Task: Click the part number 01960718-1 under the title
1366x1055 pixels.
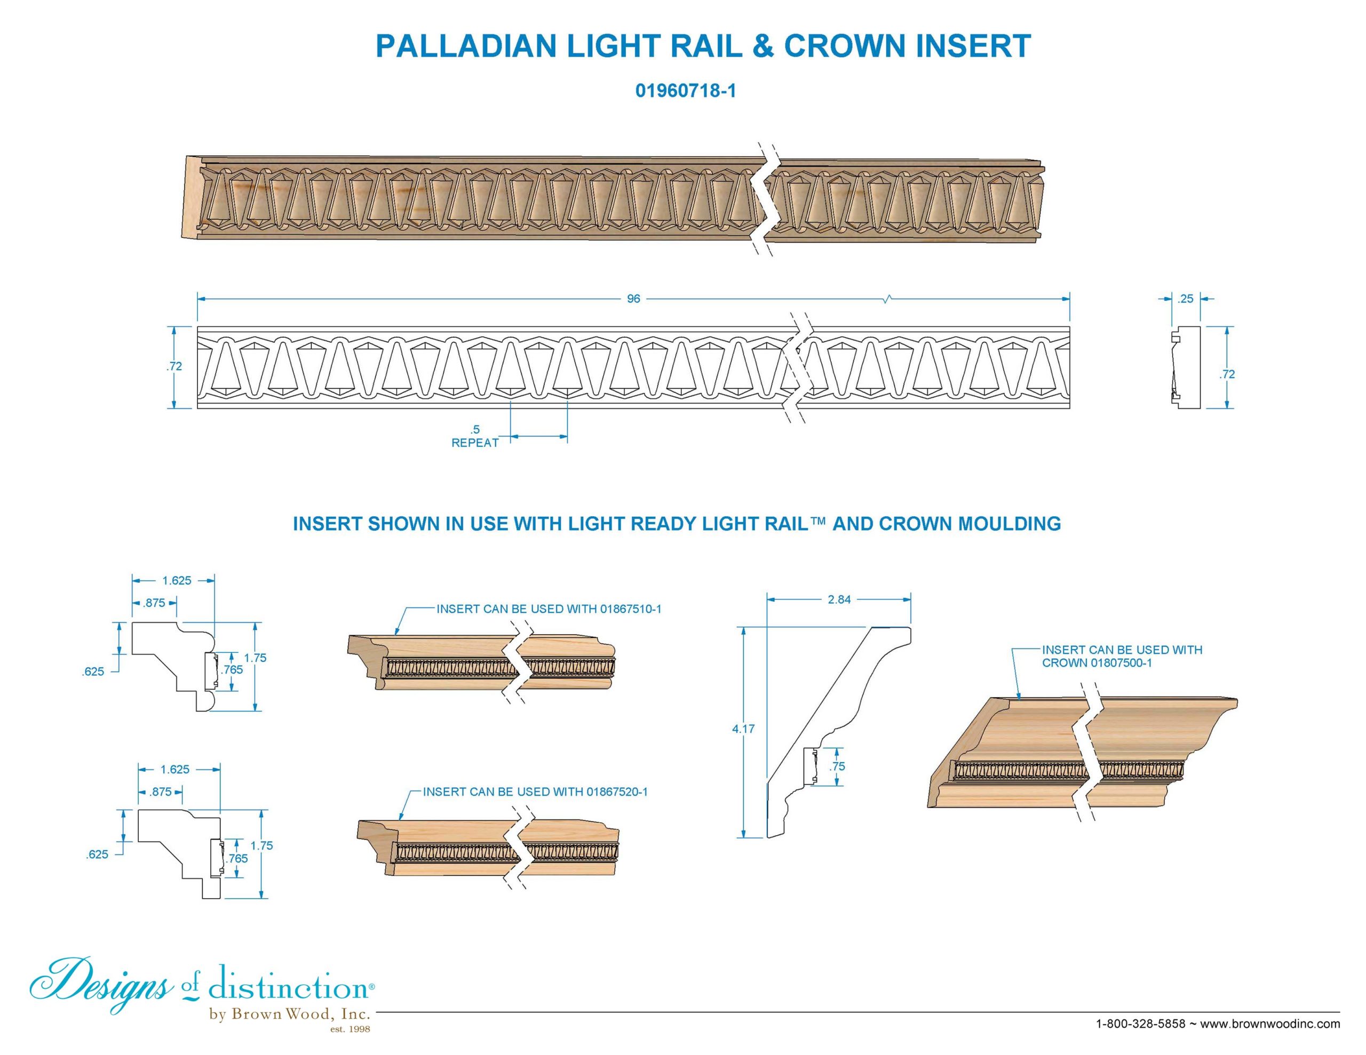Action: (x=686, y=91)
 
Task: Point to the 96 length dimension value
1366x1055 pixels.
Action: (x=633, y=299)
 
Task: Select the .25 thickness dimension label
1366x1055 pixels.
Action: (x=1185, y=299)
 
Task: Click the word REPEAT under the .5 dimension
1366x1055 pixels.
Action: (x=475, y=443)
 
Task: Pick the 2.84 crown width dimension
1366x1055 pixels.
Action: (x=839, y=600)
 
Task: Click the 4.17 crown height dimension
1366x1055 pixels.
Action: (x=744, y=729)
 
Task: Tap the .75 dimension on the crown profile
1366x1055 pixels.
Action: (x=838, y=766)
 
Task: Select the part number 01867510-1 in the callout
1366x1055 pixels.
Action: (x=631, y=609)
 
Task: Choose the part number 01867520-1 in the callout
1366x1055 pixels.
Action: (x=617, y=792)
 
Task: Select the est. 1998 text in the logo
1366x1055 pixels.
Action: (x=350, y=1029)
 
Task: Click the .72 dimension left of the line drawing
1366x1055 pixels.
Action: (x=174, y=366)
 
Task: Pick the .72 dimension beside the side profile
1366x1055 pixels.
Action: (x=1227, y=374)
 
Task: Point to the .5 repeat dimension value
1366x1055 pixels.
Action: (x=475, y=430)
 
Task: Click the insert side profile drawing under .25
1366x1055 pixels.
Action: (x=1185, y=367)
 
